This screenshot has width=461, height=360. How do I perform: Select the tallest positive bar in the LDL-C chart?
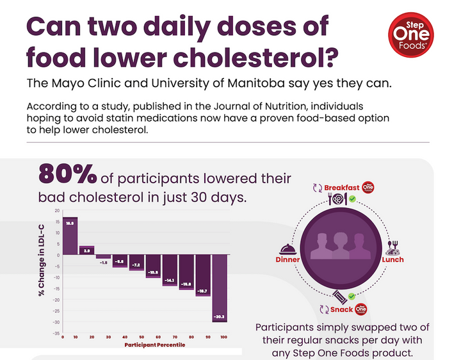click(70, 236)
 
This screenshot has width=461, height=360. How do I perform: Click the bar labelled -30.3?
click(220, 288)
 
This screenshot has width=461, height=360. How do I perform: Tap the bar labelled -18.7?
click(203, 275)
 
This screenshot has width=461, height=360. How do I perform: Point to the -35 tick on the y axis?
click(56, 334)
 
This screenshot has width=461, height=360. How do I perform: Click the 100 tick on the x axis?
click(223, 337)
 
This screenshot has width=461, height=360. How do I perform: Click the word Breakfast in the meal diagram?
click(342, 187)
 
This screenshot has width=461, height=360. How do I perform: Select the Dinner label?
click(287, 260)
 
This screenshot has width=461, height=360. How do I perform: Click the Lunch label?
click(392, 260)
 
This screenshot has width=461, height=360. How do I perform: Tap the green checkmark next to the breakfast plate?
click(352, 200)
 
